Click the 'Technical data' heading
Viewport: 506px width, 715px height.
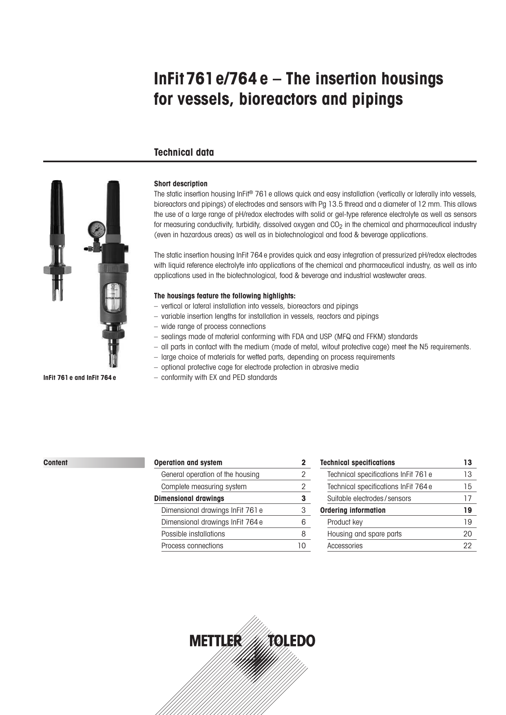point(183,152)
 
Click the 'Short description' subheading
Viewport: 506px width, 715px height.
point(180,184)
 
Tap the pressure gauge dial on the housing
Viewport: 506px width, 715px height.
point(96,230)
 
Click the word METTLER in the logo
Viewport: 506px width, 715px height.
point(215,641)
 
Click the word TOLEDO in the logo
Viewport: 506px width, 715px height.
point(292,641)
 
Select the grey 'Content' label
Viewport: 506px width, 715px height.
point(56,463)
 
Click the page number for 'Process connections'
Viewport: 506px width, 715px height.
point(301,546)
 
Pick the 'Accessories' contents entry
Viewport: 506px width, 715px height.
point(345,546)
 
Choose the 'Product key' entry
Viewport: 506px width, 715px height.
point(345,522)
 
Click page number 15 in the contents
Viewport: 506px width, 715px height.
point(467,487)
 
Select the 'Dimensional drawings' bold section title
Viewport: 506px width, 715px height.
point(189,499)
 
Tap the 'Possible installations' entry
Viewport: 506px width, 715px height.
point(193,534)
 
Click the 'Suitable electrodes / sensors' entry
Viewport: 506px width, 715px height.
point(369,499)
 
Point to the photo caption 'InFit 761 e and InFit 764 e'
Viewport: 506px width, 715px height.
point(80,378)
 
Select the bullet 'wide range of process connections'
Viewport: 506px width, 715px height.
point(213,327)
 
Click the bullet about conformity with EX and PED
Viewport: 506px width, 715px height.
point(219,377)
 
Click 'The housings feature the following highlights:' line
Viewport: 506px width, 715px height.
point(224,296)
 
